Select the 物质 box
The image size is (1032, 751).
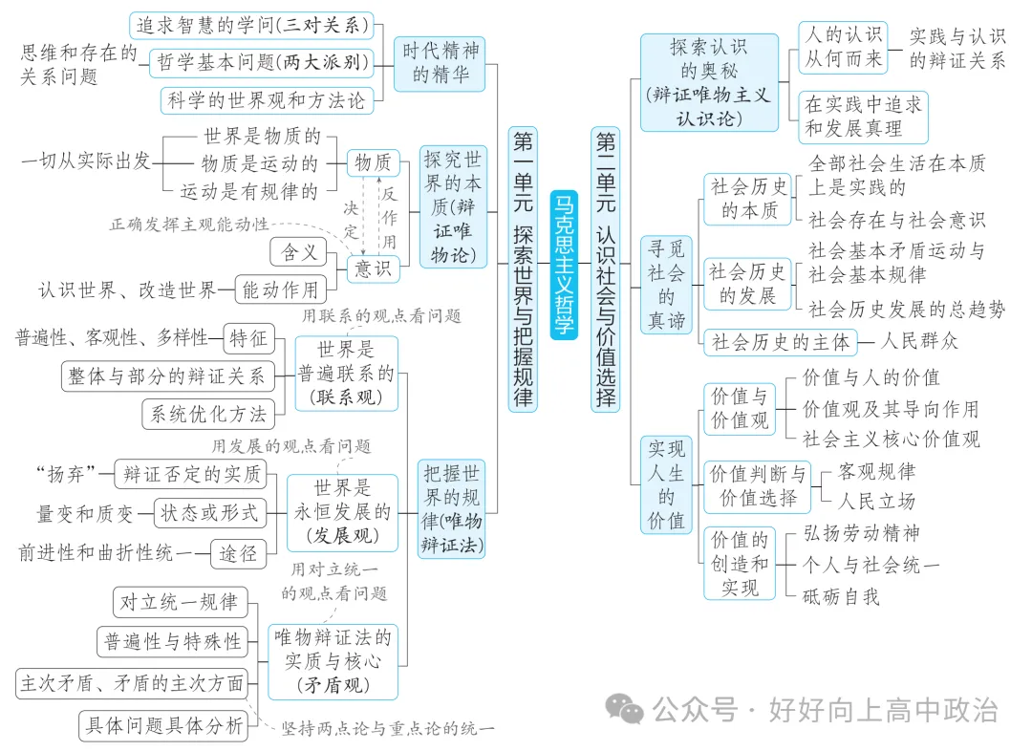point(373,162)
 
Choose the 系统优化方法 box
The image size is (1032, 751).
point(208,414)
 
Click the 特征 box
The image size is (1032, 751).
point(248,337)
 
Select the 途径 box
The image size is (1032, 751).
point(240,551)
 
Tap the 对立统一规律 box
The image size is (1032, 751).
point(179,602)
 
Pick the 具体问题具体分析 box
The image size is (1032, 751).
point(163,725)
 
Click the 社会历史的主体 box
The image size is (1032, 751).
point(780,341)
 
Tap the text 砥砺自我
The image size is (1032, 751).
point(841,596)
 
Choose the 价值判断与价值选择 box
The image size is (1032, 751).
point(757,486)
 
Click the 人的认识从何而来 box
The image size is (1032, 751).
point(843,48)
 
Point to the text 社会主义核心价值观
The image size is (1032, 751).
point(891,440)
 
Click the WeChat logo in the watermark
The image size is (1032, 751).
point(627,708)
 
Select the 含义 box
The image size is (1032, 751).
point(298,252)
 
